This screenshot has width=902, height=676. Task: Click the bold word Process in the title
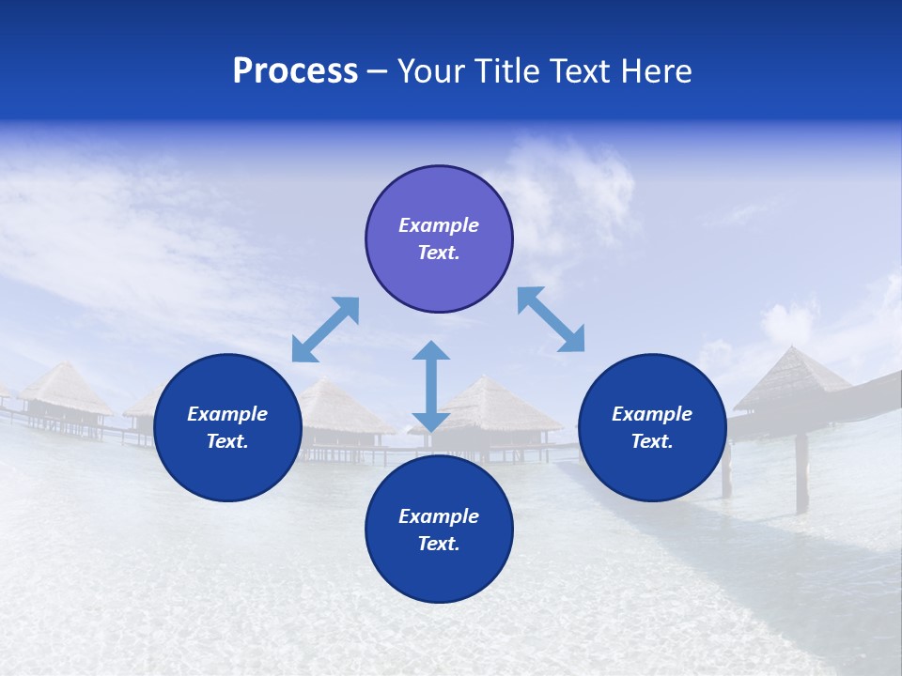(x=295, y=71)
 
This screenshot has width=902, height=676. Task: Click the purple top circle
(x=439, y=238)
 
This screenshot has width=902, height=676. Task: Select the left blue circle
(x=227, y=427)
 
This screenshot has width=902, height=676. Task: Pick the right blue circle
(x=652, y=427)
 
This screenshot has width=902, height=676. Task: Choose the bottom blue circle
(x=439, y=530)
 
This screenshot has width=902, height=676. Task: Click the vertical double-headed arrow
(x=431, y=386)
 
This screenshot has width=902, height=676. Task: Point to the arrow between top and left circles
(x=325, y=330)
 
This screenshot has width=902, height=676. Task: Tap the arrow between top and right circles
(x=551, y=319)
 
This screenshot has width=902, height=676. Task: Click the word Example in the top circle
(x=439, y=225)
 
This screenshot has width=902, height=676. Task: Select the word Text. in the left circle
(x=227, y=441)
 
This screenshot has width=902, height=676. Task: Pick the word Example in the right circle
(x=652, y=414)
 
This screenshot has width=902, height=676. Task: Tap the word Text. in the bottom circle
(x=439, y=544)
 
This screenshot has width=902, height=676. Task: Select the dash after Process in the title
(x=377, y=72)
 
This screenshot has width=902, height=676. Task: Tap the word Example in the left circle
(x=227, y=414)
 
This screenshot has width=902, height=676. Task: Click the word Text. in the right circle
(x=652, y=441)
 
